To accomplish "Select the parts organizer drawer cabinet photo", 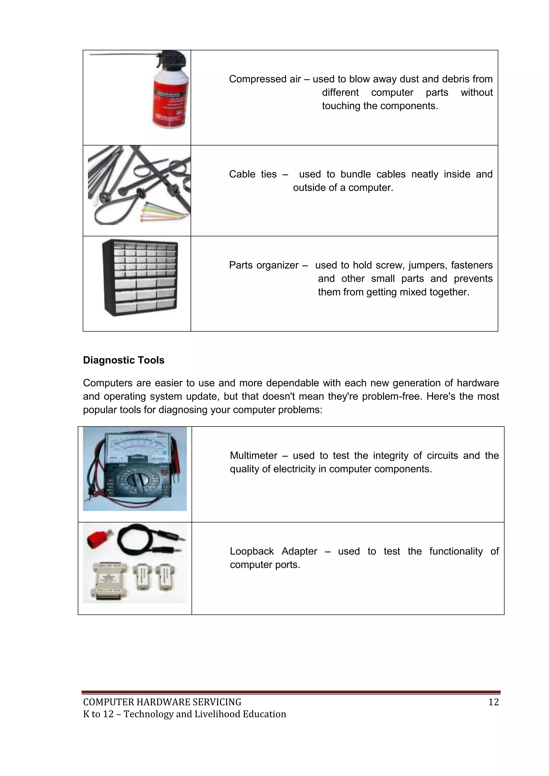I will [x=140, y=277].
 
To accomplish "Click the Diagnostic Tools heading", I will [x=124, y=360].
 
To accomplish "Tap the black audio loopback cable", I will [x=149, y=539].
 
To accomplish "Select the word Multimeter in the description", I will [x=254, y=456].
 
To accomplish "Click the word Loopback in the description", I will [x=251, y=551].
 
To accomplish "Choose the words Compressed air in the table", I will [x=265, y=79].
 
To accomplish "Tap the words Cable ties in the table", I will [x=253, y=174].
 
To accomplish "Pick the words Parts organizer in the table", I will [x=264, y=265].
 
